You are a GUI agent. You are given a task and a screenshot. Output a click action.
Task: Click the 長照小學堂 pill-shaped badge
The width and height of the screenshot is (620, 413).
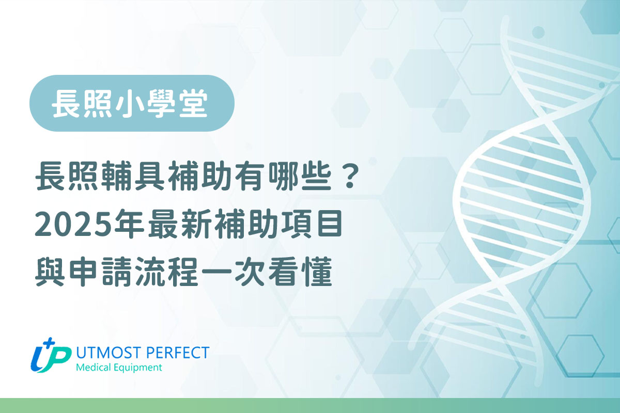click(x=132, y=103)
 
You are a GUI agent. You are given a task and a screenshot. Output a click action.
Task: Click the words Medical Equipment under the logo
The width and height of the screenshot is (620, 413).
click(x=118, y=368)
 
